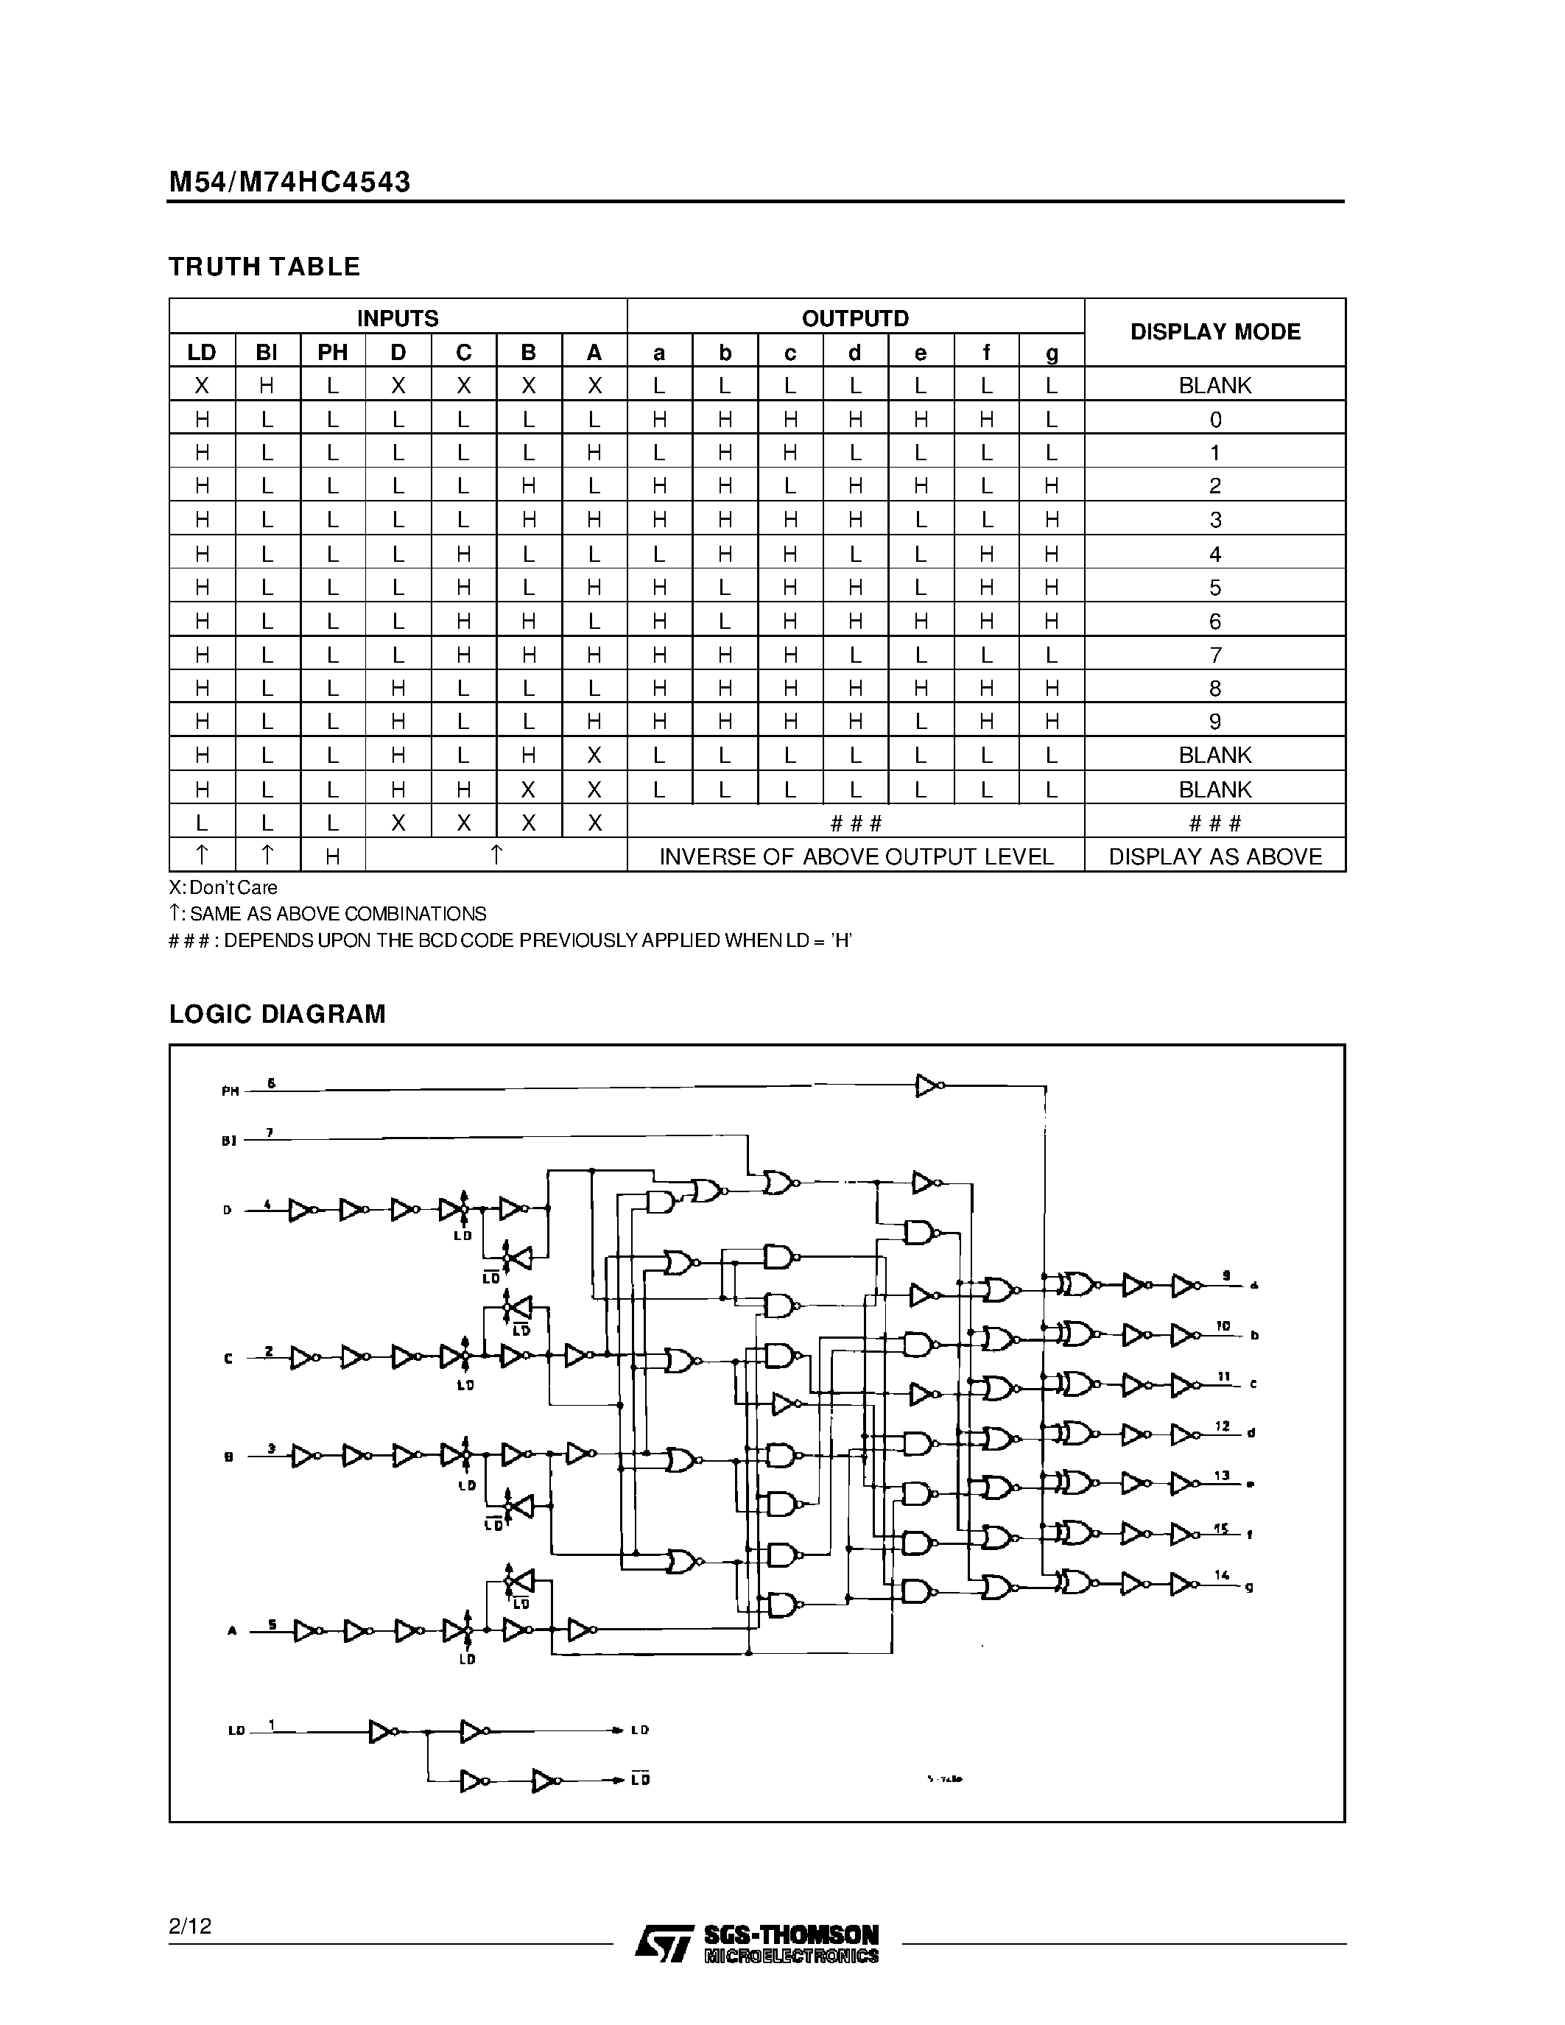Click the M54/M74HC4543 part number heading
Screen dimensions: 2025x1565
[289, 182]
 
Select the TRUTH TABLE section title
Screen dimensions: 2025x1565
[264, 267]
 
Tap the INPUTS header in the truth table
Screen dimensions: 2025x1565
[398, 318]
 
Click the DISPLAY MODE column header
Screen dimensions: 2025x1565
[1214, 332]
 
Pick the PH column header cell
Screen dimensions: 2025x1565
[333, 352]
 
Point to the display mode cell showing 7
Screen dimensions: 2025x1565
[1214, 655]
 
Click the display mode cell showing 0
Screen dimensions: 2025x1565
[1214, 419]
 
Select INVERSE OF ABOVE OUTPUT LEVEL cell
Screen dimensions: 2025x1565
[856, 856]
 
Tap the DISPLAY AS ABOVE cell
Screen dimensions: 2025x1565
[1214, 856]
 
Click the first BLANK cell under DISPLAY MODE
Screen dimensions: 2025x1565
[1214, 385]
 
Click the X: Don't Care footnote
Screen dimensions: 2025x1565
[222, 887]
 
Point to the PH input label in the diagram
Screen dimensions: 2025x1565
[230, 1091]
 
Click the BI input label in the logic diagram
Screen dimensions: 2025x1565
[229, 1141]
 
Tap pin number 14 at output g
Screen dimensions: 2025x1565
[1222, 1574]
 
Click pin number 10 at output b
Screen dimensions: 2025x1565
[1223, 1327]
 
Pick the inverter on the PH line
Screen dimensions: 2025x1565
[928, 1085]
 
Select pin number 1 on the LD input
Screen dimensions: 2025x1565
[272, 1725]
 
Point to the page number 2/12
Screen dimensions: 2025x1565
[190, 1926]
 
